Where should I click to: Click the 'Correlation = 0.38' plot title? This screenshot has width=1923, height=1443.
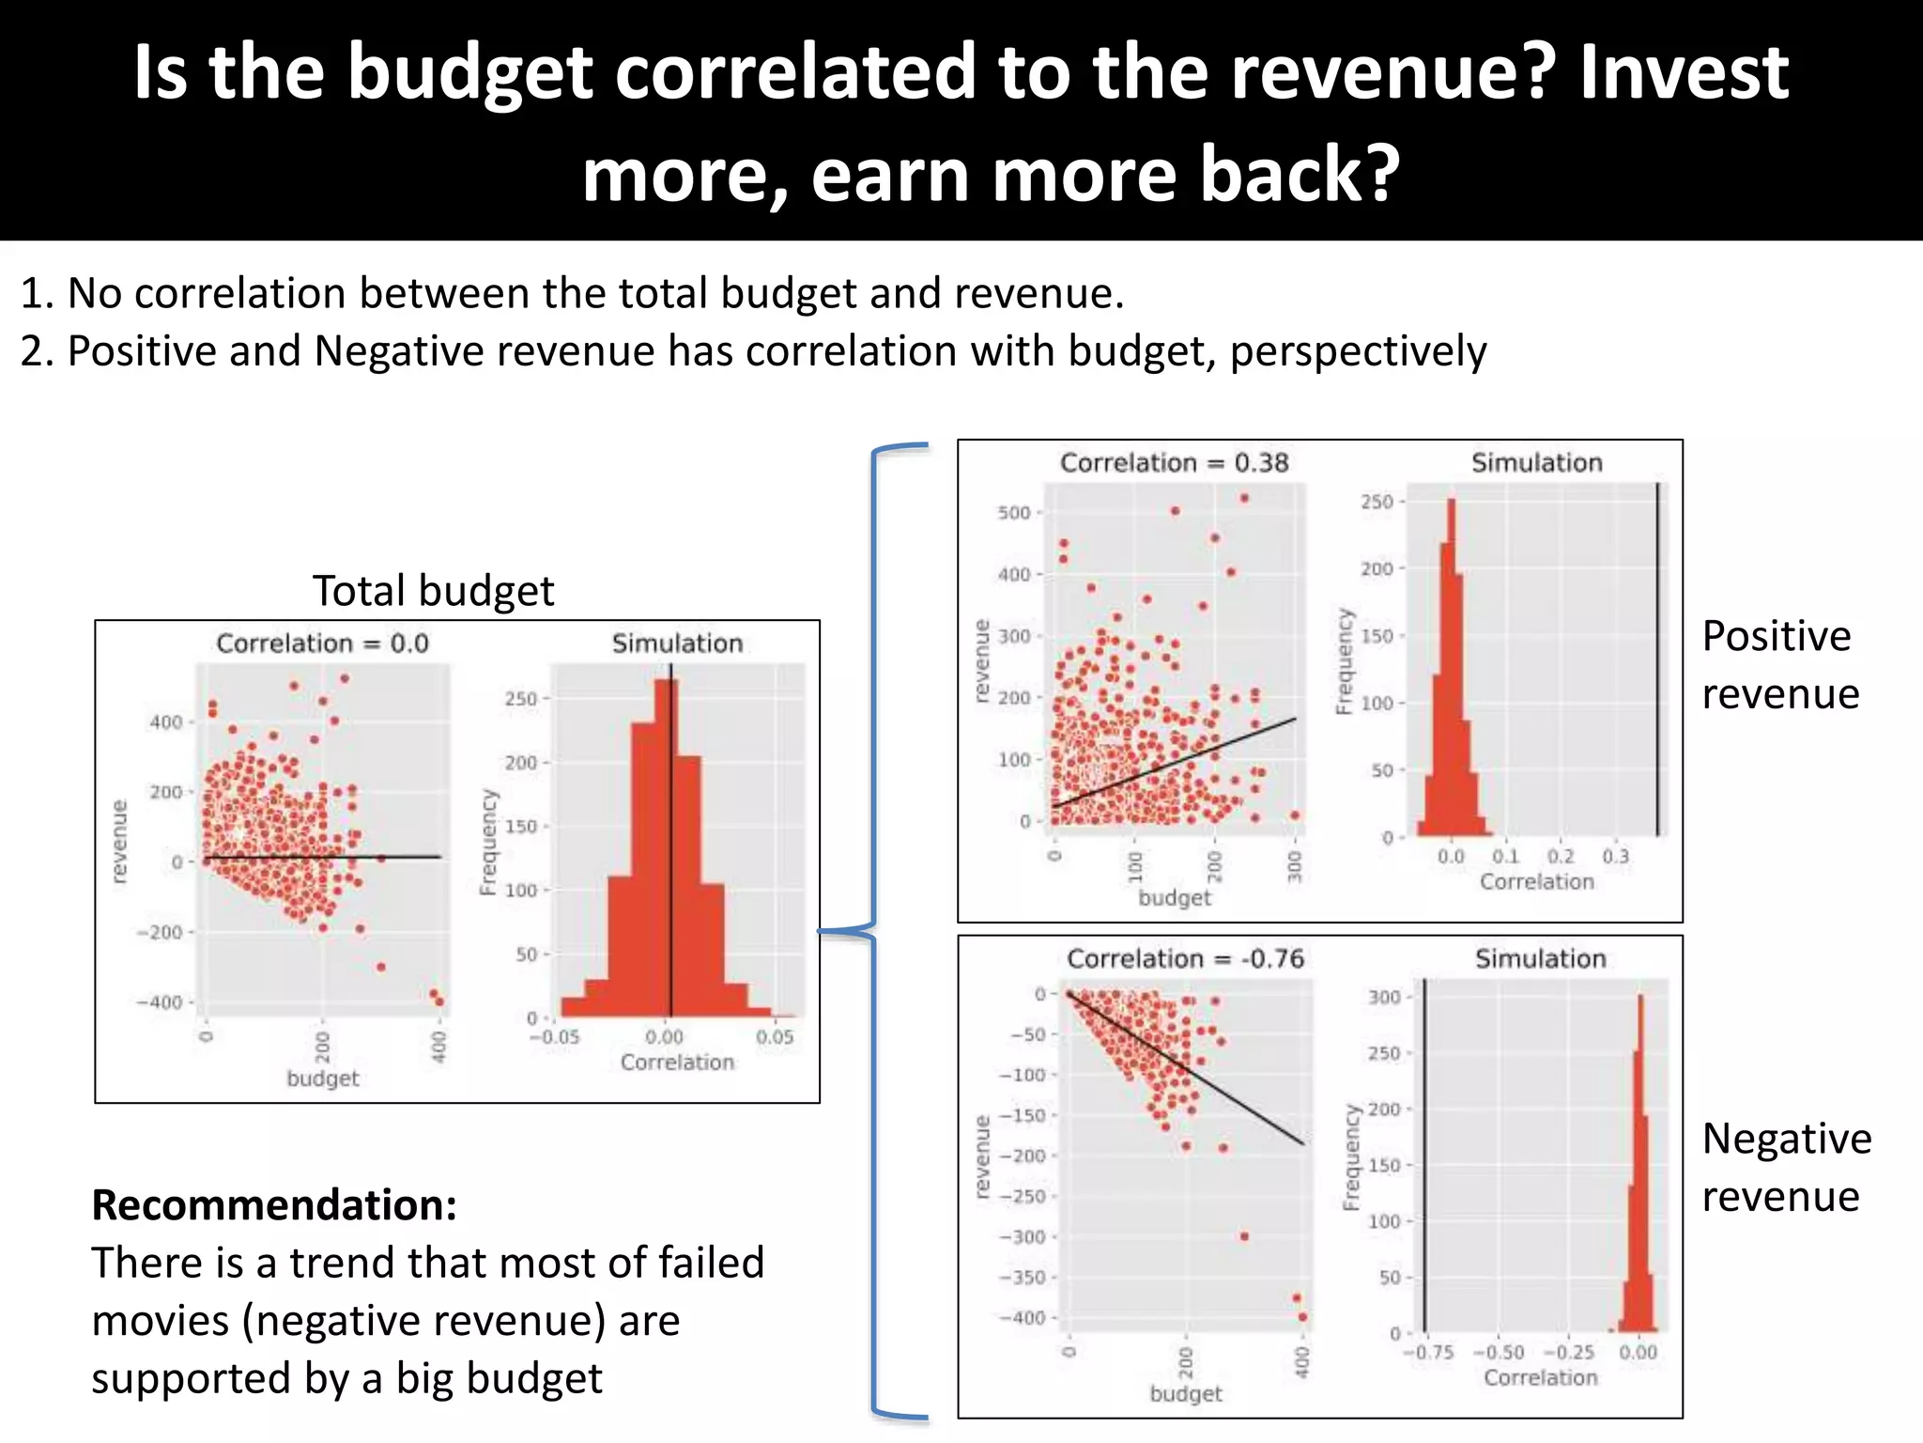coord(1174,463)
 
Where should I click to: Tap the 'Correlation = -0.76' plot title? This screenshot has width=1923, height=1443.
coord(1185,959)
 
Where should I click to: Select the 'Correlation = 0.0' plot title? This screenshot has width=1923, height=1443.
coord(322,644)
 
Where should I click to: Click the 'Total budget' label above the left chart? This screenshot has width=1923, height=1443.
coord(433,591)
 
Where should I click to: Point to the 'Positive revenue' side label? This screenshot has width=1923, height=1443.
coord(1779,665)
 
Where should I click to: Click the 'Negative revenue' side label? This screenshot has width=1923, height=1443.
coord(1785,1168)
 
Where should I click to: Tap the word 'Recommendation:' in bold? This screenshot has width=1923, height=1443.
coord(274,1205)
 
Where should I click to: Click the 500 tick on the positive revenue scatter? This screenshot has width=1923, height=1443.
coord(1014,513)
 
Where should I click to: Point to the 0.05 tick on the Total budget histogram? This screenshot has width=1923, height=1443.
coord(775,1037)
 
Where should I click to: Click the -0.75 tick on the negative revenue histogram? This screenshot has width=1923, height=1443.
coord(1428,1353)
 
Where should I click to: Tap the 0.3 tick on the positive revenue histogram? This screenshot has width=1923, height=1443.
coord(1615,857)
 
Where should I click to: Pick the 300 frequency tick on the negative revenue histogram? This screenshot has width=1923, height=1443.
coord(1384,997)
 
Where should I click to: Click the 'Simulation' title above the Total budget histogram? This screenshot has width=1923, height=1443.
coord(677,644)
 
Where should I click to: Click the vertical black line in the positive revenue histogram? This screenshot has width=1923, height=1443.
coord(1657,658)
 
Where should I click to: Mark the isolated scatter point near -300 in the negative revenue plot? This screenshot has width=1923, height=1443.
coord(1244,1236)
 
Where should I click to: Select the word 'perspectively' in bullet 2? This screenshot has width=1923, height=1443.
coord(1358,351)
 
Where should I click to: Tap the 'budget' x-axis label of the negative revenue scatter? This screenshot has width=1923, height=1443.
coord(1186,1394)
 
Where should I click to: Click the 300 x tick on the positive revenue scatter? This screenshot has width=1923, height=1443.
coord(1295,865)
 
